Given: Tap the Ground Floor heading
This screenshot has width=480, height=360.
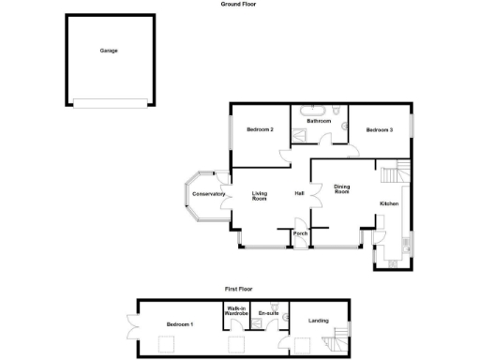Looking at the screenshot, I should (239, 5).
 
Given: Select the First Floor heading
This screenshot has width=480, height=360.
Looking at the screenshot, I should (239, 290).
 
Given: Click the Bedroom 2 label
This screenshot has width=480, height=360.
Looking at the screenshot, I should (260, 129).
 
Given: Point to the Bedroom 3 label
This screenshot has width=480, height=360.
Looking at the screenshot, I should (379, 129).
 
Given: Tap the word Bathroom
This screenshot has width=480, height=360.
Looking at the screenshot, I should (320, 121).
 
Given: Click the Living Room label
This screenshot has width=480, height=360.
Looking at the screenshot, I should (260, 196).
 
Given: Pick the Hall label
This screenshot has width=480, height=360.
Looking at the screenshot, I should (299, 194).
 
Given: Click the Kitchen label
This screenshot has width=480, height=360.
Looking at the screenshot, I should (389, 203).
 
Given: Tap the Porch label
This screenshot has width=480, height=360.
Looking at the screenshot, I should (300, 233).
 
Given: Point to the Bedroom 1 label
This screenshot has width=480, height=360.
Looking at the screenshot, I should (179, 324).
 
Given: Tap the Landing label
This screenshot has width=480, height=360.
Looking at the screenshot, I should (319, 322).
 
